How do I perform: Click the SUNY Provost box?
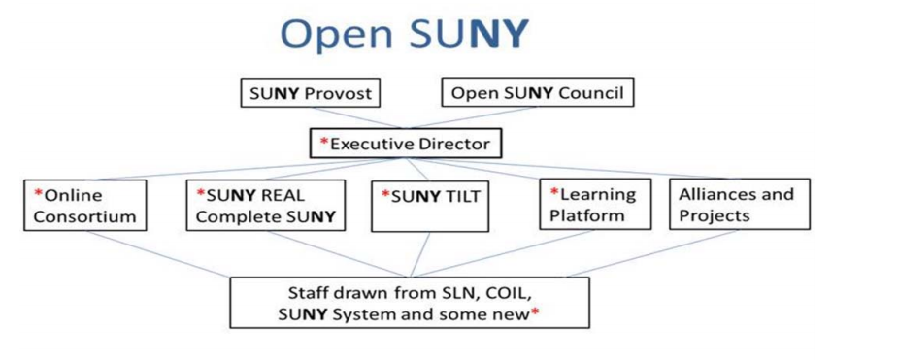pos(310,94)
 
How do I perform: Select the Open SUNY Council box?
pos(538,94)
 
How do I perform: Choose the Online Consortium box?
pos(86,205)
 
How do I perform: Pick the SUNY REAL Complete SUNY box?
pos(265,205)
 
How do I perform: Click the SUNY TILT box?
pos(430,205)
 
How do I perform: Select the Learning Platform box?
pos(596,205)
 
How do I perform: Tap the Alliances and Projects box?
pos(739,205)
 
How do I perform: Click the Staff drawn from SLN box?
pos(409,303)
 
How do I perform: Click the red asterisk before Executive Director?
pos(324,144)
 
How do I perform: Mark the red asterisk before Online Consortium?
pos(39,193)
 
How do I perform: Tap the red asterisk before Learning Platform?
pos(554,193)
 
